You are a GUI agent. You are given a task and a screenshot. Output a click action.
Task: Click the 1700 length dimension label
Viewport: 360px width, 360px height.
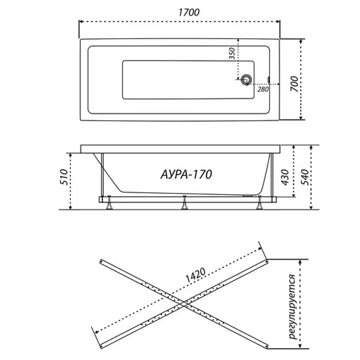pos(189,13)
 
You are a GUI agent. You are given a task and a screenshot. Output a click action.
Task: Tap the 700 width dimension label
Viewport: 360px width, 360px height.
pos(295,84)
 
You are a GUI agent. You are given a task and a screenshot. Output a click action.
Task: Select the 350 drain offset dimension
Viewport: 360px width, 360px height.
pos(232,53)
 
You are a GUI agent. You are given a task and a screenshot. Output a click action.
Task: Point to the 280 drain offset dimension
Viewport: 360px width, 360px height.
pos(263,89)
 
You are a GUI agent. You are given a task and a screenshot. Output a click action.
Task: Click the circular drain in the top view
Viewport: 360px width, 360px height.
pos(247,80)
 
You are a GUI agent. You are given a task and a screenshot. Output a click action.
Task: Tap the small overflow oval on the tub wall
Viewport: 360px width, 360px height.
pos(269,79)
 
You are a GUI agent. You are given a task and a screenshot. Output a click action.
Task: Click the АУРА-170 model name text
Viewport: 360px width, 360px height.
pos(186,175)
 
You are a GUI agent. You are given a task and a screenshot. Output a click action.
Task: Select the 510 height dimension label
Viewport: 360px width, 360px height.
pos(64,177)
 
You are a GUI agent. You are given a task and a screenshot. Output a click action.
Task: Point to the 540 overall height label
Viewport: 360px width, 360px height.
pos(305,177)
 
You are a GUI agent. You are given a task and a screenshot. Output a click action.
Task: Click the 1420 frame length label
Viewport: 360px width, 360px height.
pos(195,275)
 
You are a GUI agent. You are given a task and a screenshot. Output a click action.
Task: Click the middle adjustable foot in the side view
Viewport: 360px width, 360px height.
pos(184,203)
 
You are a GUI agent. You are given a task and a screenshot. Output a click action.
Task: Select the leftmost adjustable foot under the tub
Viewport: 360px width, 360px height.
pos(109,203)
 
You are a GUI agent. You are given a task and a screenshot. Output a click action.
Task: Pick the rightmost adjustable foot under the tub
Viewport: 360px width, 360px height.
pos(260,203)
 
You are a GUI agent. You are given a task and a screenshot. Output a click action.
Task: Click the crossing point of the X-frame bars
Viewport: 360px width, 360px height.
pos(184,304)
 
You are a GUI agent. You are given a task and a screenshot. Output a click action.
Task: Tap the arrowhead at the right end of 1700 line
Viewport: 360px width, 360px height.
pos(278,22)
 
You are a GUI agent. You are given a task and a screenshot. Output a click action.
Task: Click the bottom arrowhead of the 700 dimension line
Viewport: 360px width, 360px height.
pos(301,118)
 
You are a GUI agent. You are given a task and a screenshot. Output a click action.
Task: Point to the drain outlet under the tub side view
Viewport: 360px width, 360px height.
pos(247,196)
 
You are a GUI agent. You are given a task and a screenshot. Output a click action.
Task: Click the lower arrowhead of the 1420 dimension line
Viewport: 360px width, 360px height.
pos(97,331)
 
